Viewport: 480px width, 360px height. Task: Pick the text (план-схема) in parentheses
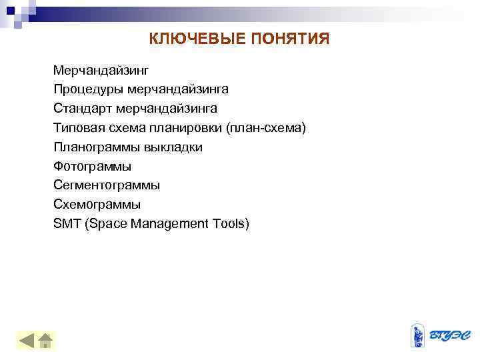[x=266, y=127]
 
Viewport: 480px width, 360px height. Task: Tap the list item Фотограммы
[x=92, y=166]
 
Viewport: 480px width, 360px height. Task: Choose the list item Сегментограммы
[x=107, y=185]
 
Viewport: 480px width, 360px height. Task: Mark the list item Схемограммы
[x=97, y=205]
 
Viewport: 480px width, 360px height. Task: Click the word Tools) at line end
[x=231, y=224]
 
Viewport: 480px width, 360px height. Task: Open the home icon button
[x=46, y=341]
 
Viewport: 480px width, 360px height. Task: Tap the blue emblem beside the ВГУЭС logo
[x=418, y=335]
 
